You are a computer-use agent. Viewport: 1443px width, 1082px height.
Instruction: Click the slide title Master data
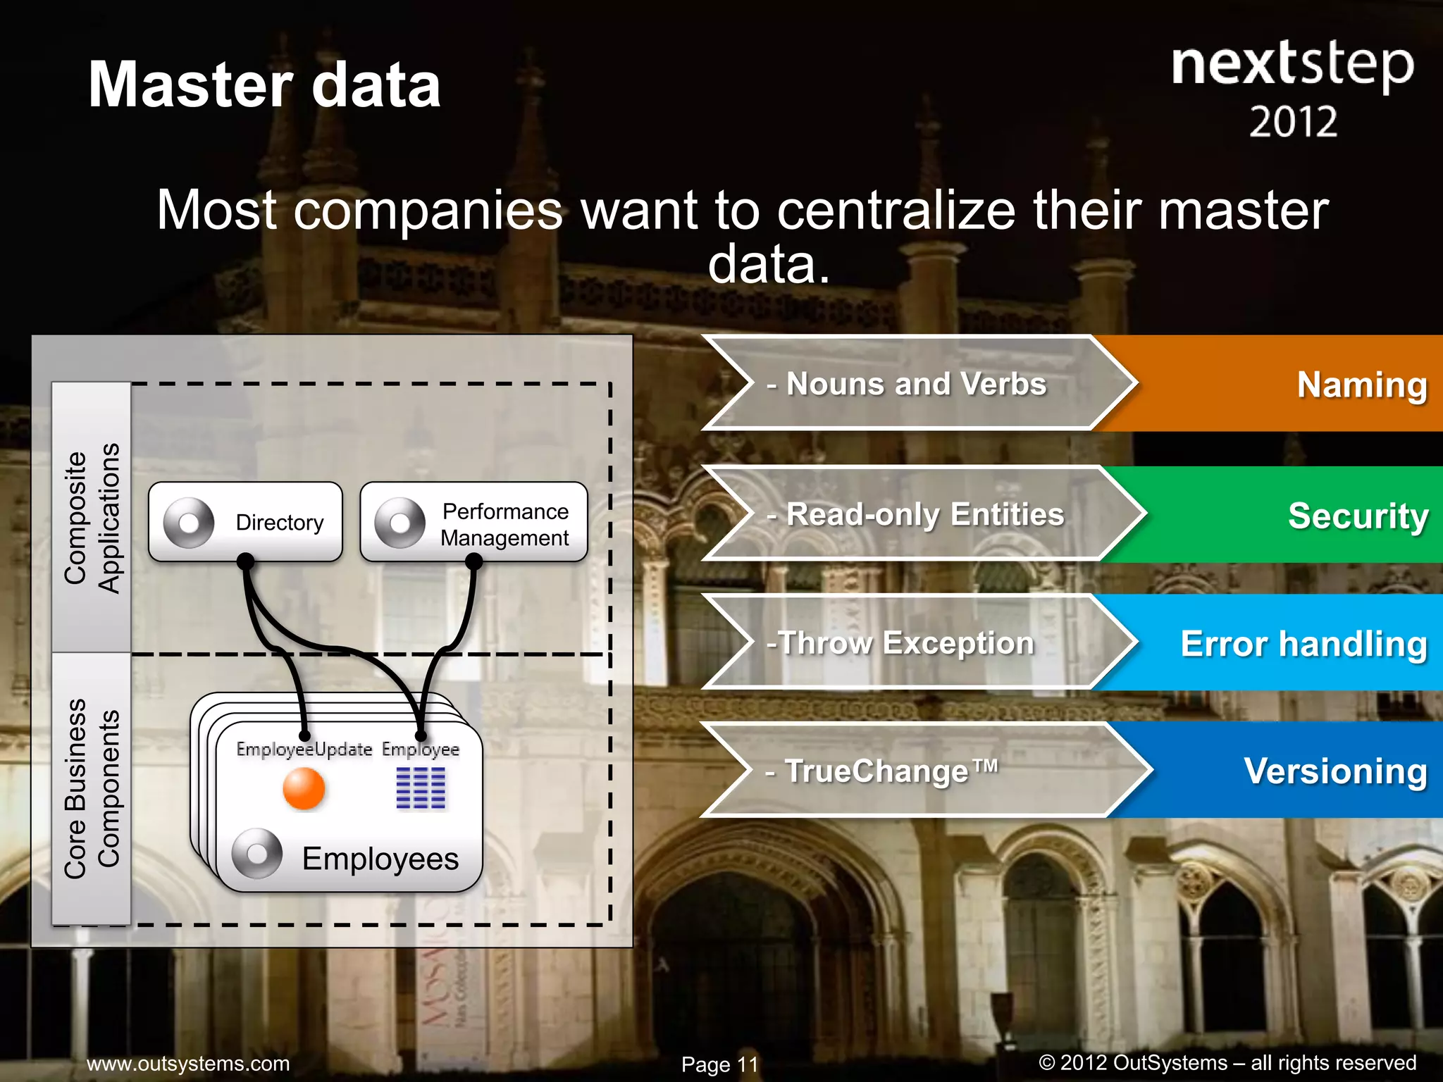(x=264, y=85)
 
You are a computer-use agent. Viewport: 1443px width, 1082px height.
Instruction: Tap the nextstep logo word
(x=1292, y=65)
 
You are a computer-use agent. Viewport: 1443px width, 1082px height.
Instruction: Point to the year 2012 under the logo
(x=1294, y=122)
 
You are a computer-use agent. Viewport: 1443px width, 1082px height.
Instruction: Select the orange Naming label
(x=1361, y=385)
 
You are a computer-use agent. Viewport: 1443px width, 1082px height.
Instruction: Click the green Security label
(x=1358, y=515)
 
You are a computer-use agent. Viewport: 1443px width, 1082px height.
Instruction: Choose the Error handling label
(x=1303, y=643)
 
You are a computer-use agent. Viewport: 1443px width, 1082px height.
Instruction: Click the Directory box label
(x=280, y=523)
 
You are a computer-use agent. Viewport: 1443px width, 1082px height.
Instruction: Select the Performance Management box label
(x=504, y=524)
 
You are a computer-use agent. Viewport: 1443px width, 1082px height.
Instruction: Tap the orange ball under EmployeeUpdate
(x=304, y=788)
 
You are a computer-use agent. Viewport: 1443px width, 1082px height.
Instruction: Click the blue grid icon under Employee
(x=421, y=788)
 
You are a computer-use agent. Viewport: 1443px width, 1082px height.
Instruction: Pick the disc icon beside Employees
(x=257, y=853)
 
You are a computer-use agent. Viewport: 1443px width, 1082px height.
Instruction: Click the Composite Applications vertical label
(x=92, y=518)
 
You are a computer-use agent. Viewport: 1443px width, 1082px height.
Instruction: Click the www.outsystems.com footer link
(x=188, y=1063)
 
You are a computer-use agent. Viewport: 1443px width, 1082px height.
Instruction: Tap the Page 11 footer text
(x=719, y=1064)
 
